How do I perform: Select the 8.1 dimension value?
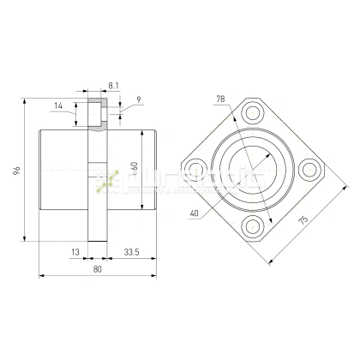coord(114,86)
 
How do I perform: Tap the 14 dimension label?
coord(58,105)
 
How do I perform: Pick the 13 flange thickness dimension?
coord(75,252)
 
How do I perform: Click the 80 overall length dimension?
coord(96,269)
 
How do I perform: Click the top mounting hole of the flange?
coord(252,112)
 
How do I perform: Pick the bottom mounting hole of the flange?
coord(252,226)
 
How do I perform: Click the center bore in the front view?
coord(252,169)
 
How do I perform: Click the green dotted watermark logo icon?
coord(108,181)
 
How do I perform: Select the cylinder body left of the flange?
coord(64,171)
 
